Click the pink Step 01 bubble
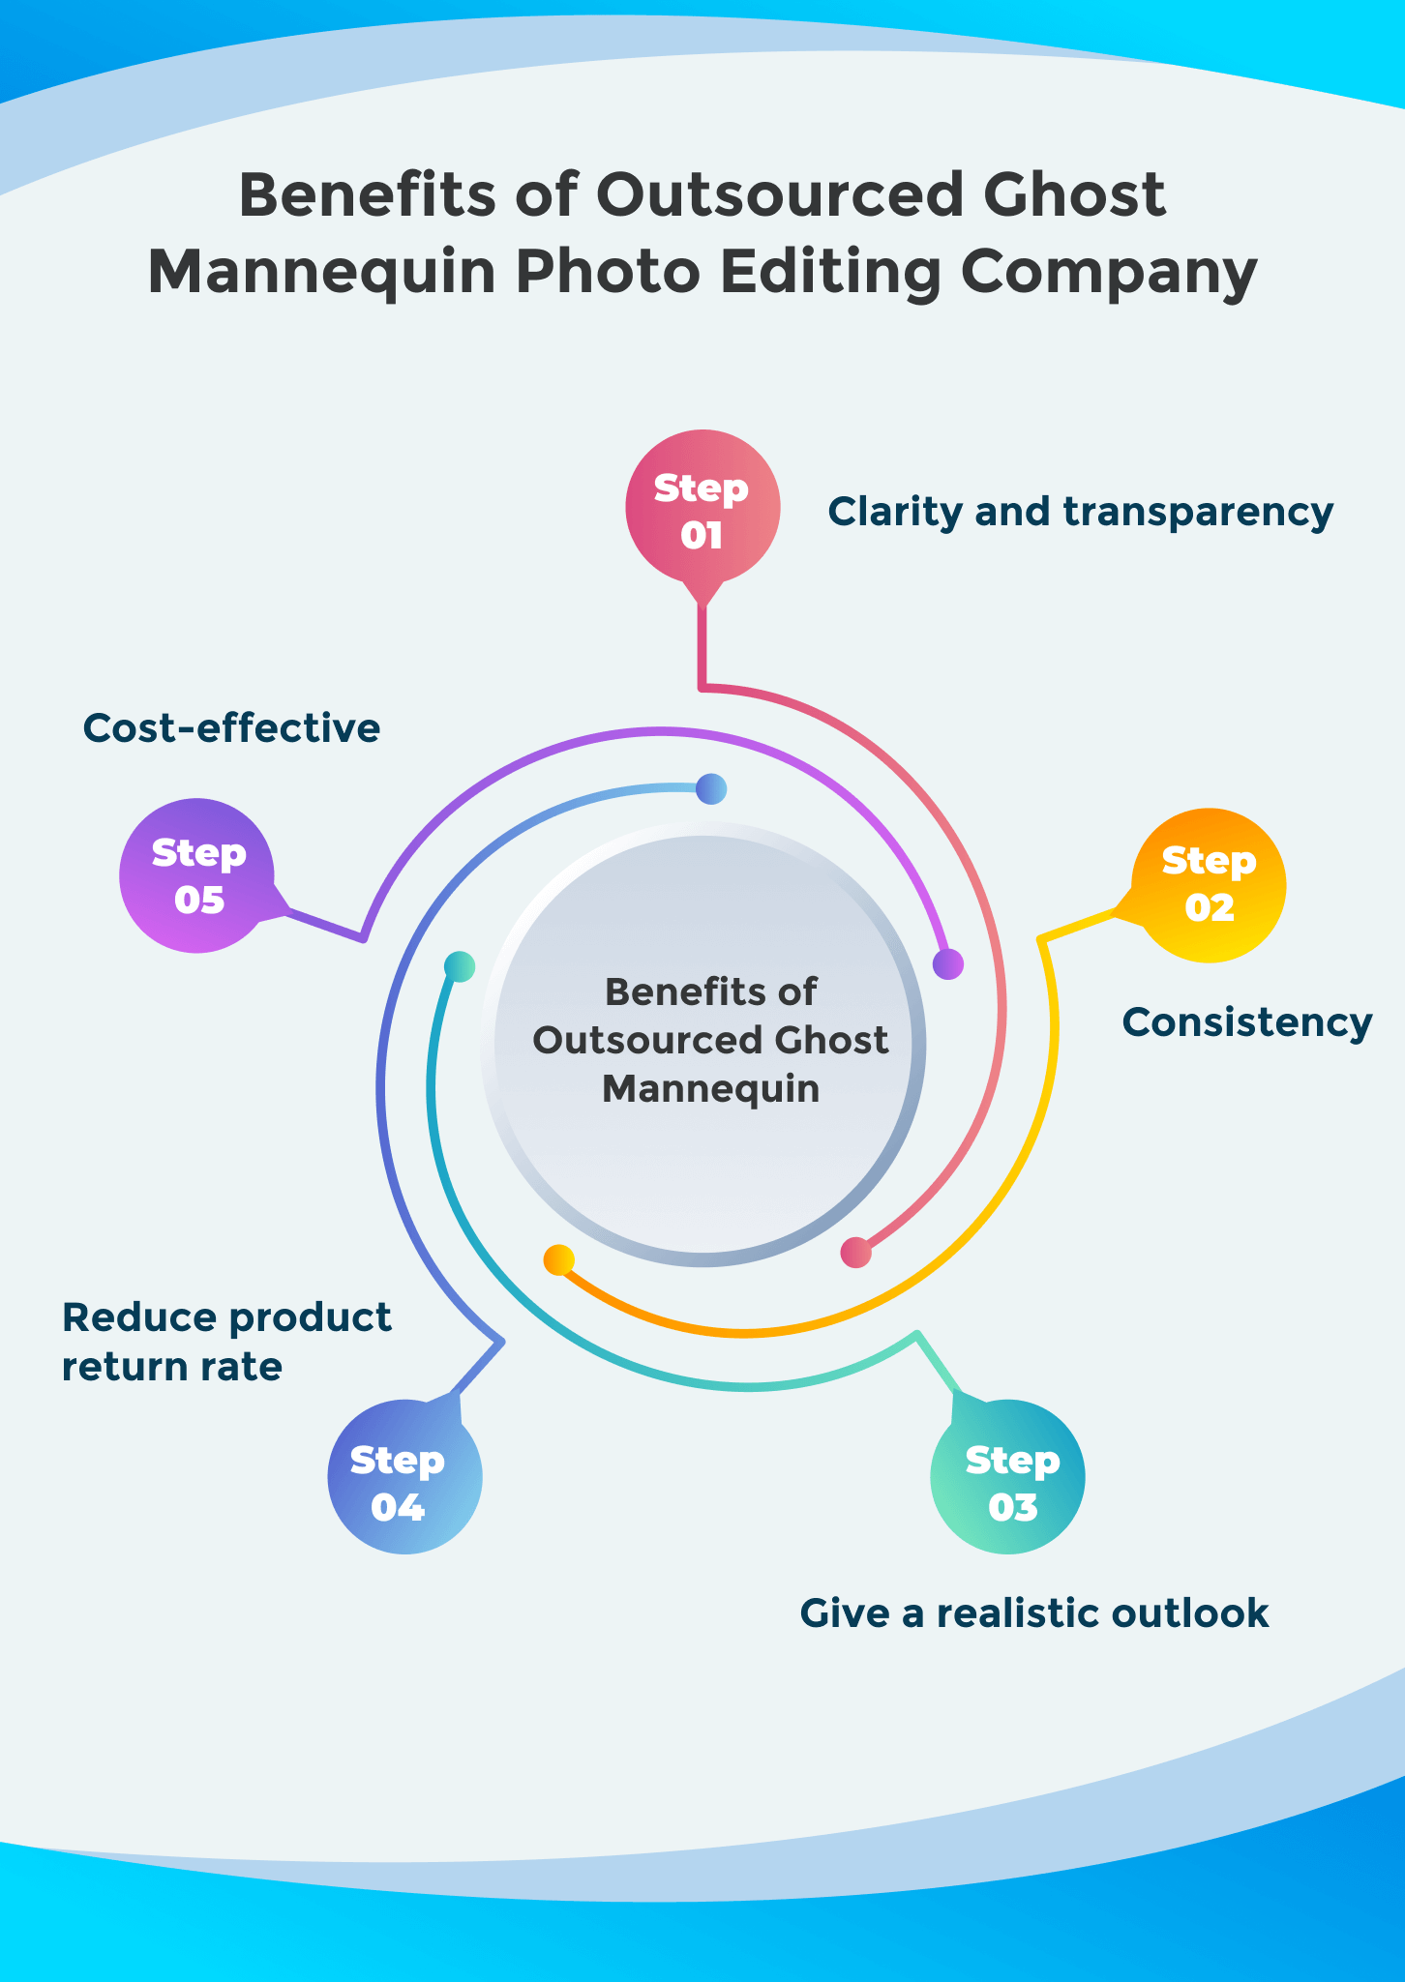(702, 509)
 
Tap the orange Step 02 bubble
(1209, 884)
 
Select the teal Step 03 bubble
(1007, 1476)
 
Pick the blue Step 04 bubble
(404, 1476)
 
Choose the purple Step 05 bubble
(197, 874)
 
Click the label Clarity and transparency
(1080, 511)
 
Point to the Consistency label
(1246, 1022)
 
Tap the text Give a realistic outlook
(1033, 1612)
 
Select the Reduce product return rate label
(226, 1342)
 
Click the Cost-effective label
(231, 727)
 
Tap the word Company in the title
(1109, 273)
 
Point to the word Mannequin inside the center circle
(710, 1089)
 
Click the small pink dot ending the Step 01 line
(856, 1253)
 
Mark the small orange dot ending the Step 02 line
(559, 1259)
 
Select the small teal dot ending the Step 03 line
(460, 966)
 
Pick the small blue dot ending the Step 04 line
(711, 789)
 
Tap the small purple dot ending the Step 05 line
(948, 963)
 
